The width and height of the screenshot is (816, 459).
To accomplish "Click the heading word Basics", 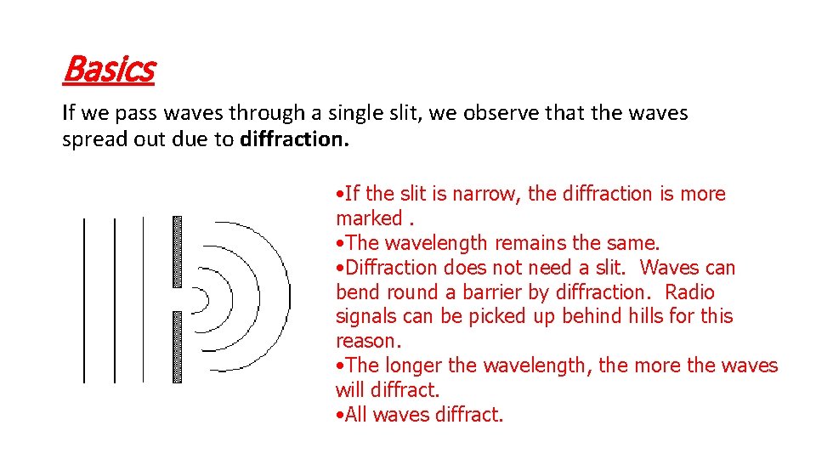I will coord(108,70).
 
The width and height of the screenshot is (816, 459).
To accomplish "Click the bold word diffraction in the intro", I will coord(294,139).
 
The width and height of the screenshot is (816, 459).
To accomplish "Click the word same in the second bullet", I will coord(636,243).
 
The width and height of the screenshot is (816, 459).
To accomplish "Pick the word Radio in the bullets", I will coord(689,292).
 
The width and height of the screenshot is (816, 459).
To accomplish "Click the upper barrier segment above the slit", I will coord(177,251).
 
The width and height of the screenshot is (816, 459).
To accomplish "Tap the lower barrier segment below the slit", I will coord(177,347).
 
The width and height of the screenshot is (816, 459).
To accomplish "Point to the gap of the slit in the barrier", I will coord(177,299).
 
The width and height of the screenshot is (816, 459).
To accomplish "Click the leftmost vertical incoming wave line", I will coord(84,299).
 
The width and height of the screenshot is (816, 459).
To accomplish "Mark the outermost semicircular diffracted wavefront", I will coord(289,299).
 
